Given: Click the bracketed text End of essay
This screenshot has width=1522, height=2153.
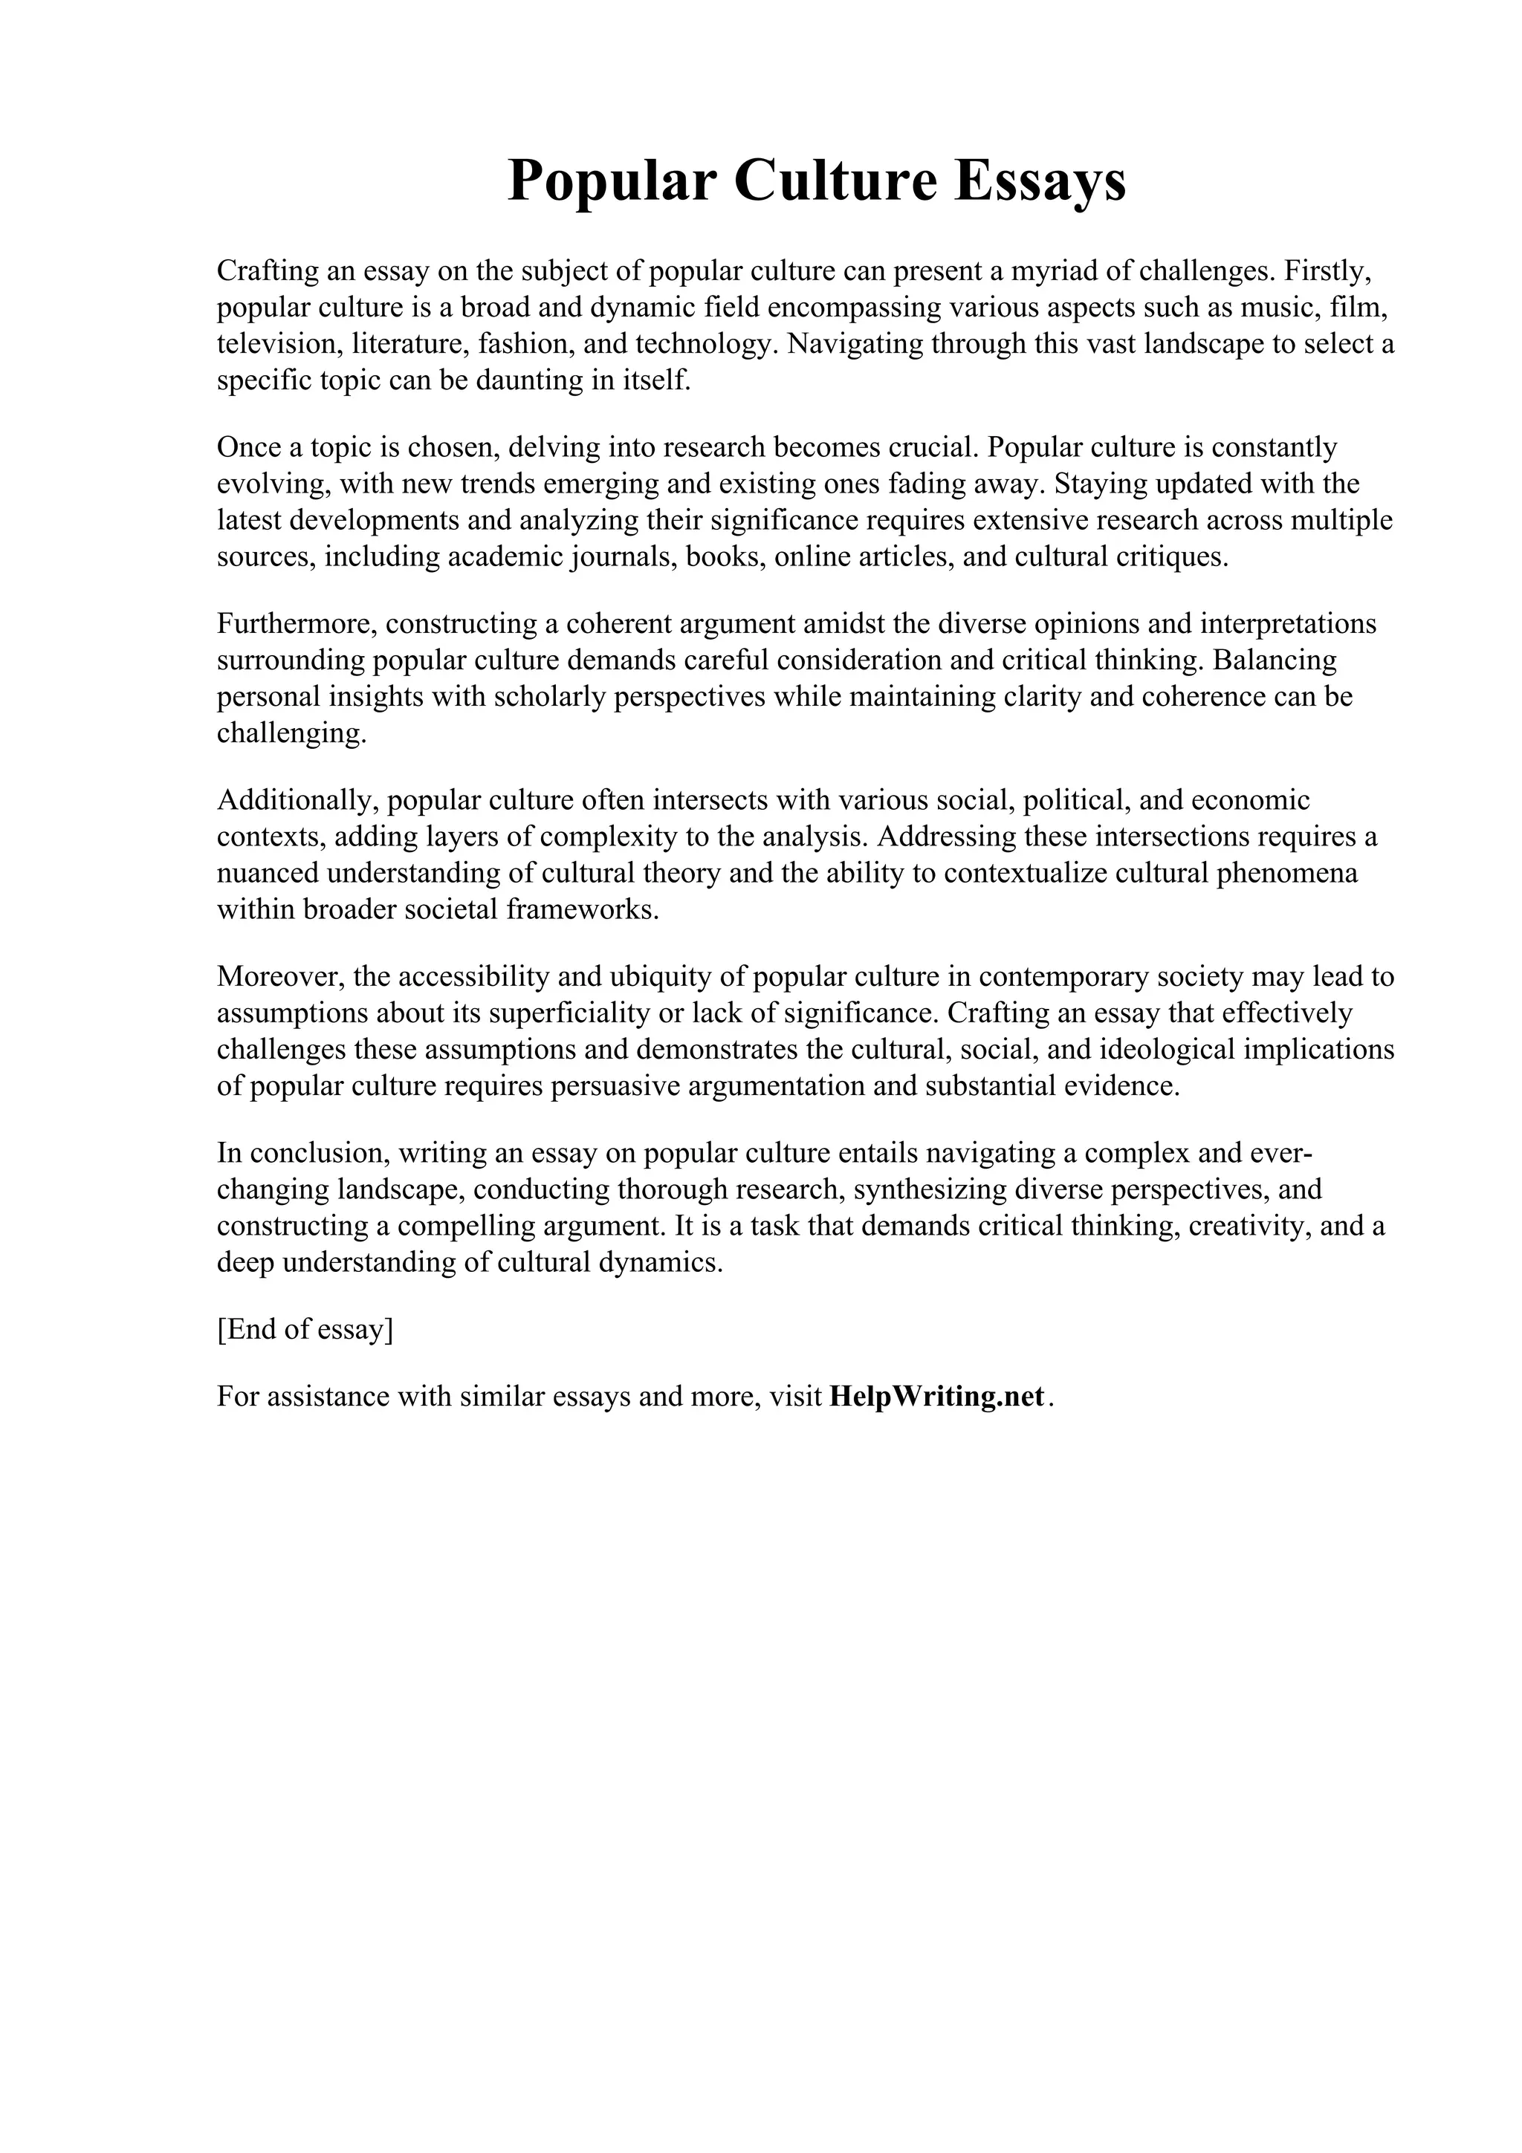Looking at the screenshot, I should (x=305, y=1330).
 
